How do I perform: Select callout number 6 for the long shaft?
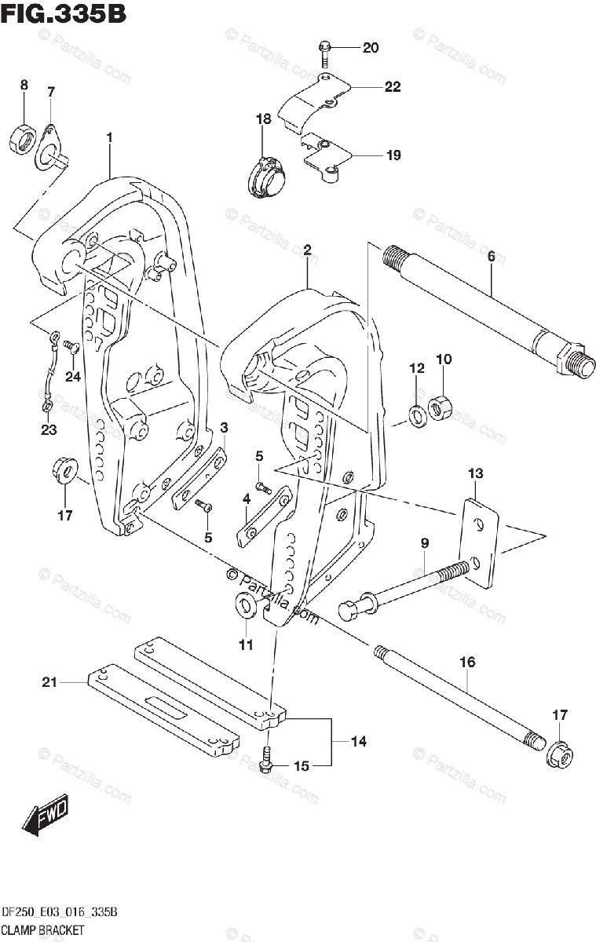point(491,255)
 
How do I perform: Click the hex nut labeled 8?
point(23,139)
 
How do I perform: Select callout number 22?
point(392,87)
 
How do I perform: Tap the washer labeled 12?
point(417,412)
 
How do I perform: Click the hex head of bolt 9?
point(349,609)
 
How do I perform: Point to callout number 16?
point(467,663)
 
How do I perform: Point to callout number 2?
point(308,250)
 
